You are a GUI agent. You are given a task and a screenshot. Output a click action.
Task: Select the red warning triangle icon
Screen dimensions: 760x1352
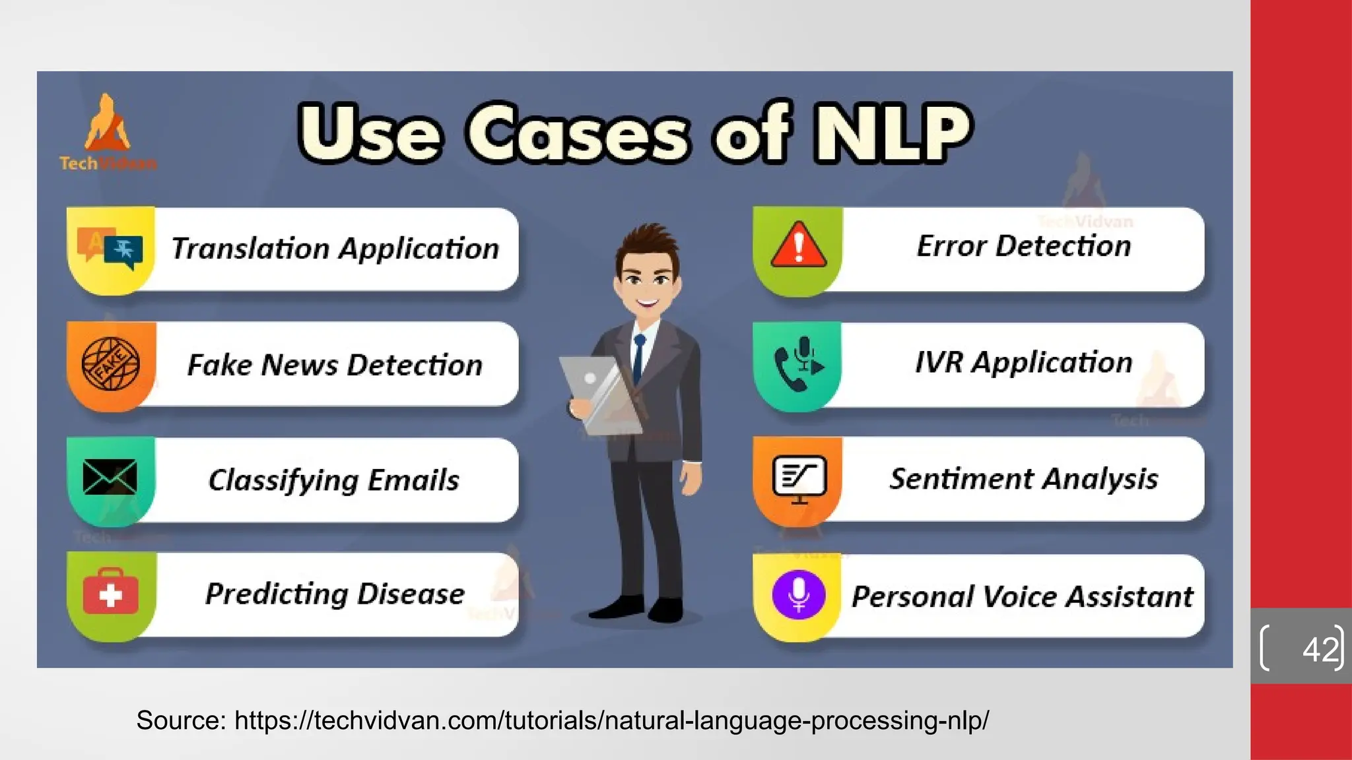pyautogui.click(x=798, y=245)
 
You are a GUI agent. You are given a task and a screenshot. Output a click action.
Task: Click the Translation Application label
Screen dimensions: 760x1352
pyautogui.click(x=335, y=249)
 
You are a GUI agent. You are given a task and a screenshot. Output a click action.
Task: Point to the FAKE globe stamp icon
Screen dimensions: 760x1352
pyautogui.click(x=110, y=364)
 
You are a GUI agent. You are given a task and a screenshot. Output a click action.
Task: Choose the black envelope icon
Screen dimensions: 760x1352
pyautogui.click(x=110, y=477)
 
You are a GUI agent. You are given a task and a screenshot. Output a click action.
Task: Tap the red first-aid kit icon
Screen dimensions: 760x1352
pyautogui.click(x=110, y=594)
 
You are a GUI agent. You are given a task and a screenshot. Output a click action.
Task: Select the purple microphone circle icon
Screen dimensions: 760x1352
pyautogui.click(x=798, y=594)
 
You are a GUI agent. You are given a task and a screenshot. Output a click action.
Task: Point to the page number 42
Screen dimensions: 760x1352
pyautogui.click(x=1321, y=649)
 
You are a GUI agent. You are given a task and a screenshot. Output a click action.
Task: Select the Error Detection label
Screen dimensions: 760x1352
pyautogui.click(x=1023, y=246)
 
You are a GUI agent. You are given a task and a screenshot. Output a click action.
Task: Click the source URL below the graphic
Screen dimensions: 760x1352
pyautogui.click(x=611, y=720)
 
